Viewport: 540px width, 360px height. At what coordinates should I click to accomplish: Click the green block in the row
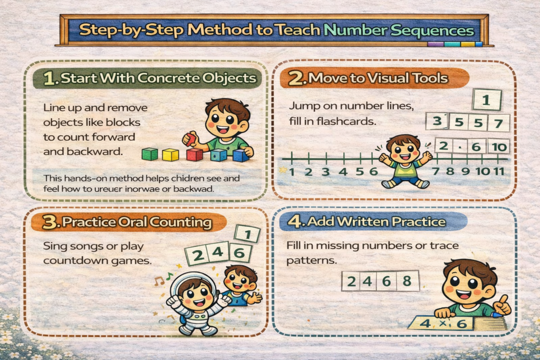[150, 154]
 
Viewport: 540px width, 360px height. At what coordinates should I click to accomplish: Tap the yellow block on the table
[170, 154]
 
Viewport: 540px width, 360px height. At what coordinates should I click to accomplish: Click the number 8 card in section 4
[407, 281]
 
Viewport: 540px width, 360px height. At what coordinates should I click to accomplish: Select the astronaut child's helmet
[193, 287]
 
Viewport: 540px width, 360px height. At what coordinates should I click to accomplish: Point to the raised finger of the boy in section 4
[503, 301]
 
